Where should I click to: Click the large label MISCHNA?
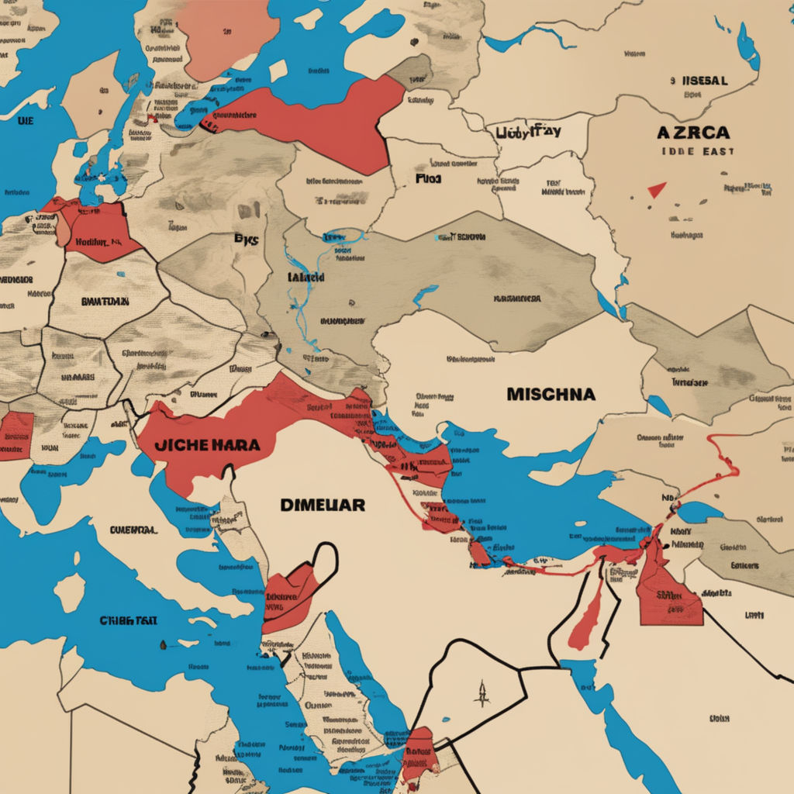coord(551,394)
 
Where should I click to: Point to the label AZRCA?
coord(695,133)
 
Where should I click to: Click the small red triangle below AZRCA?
coord(657,189)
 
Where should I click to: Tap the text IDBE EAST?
coord(698,152)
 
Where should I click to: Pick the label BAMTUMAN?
coord(105,301)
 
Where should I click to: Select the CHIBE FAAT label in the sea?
coord(129,620)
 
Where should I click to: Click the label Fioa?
coord(427,178)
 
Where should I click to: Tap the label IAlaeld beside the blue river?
coord(306,277)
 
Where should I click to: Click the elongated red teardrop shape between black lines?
coord(589,613)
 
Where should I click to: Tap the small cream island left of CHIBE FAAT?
coord(69,592)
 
